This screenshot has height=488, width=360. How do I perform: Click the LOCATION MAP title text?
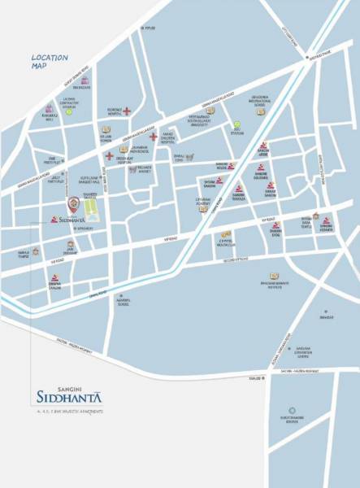click(49, 62)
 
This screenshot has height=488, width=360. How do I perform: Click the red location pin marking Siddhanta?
click(75, 203)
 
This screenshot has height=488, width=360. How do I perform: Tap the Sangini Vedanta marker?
click(326, 222)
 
